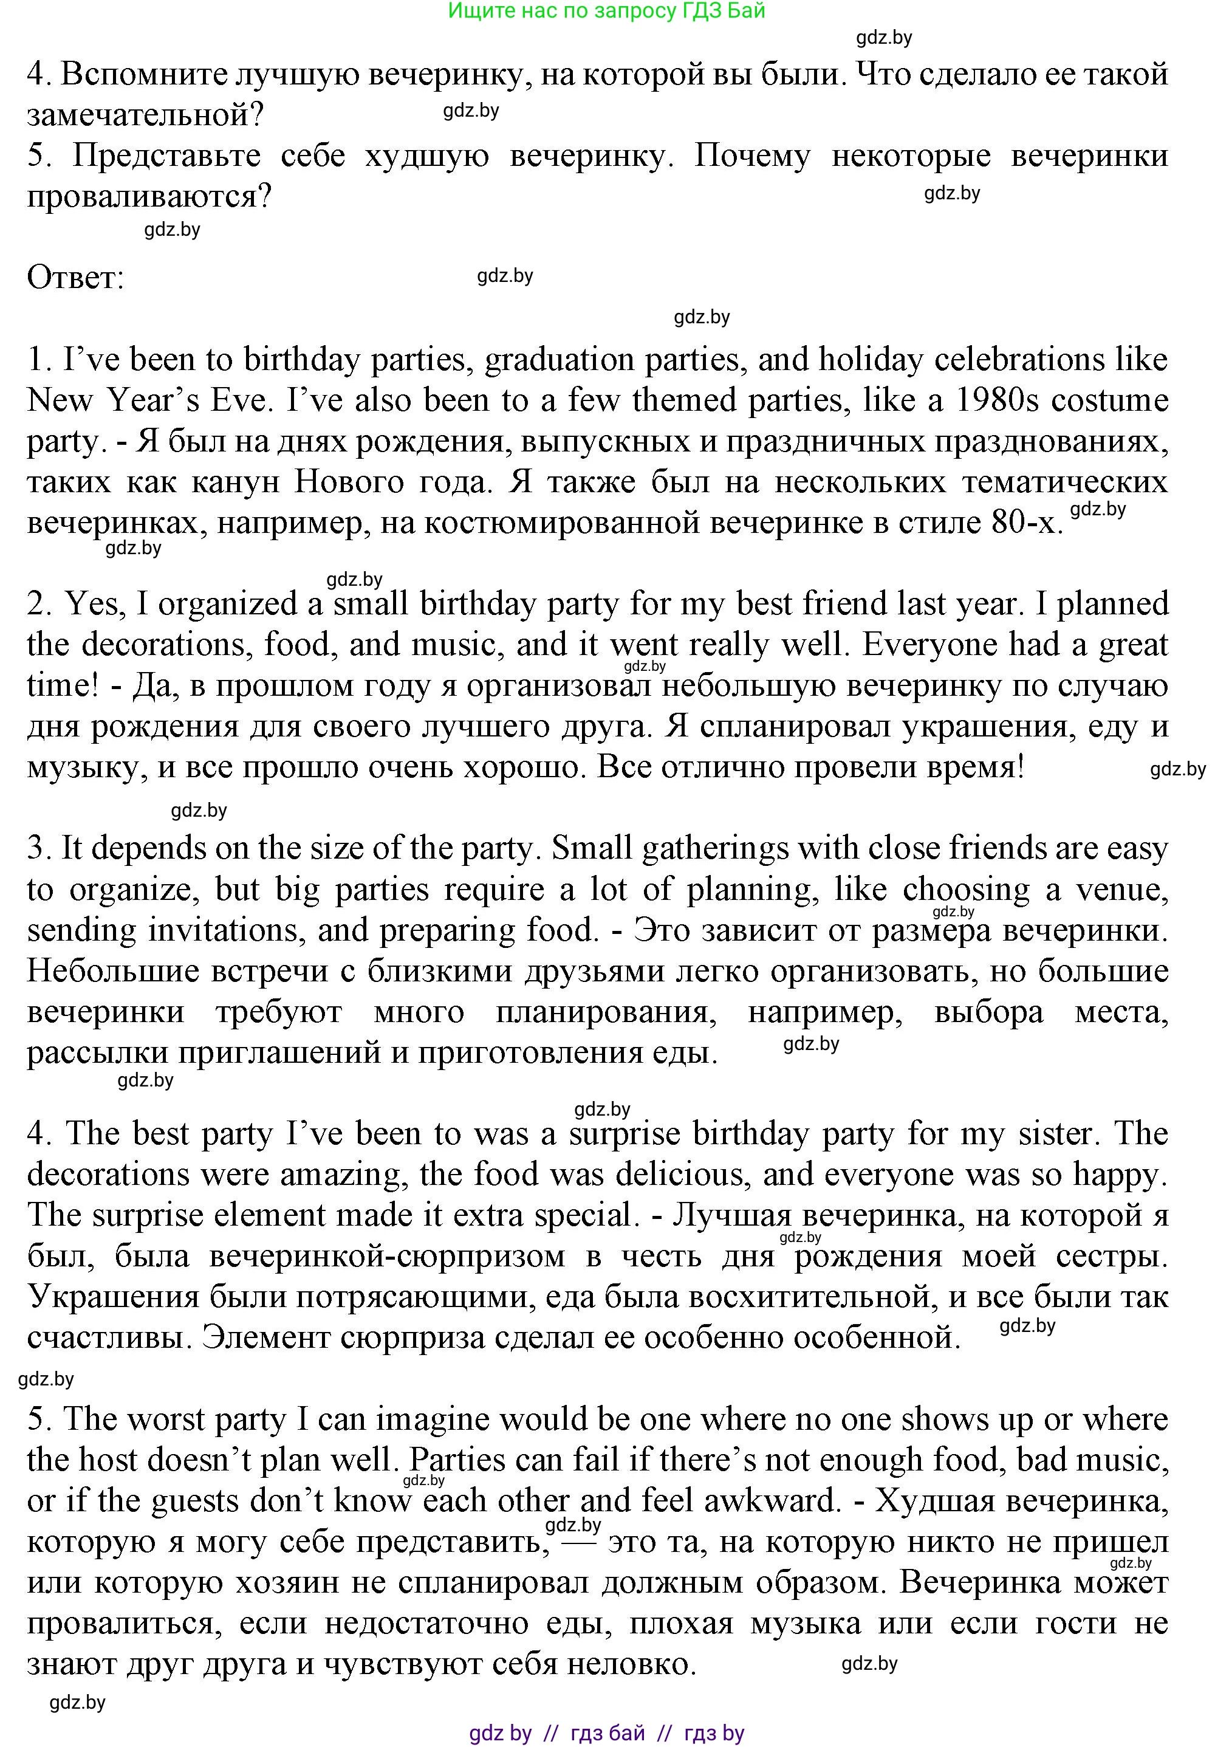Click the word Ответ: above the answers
coord(75,278)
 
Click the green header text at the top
coord(606,11)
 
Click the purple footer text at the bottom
coord(606,1733)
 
